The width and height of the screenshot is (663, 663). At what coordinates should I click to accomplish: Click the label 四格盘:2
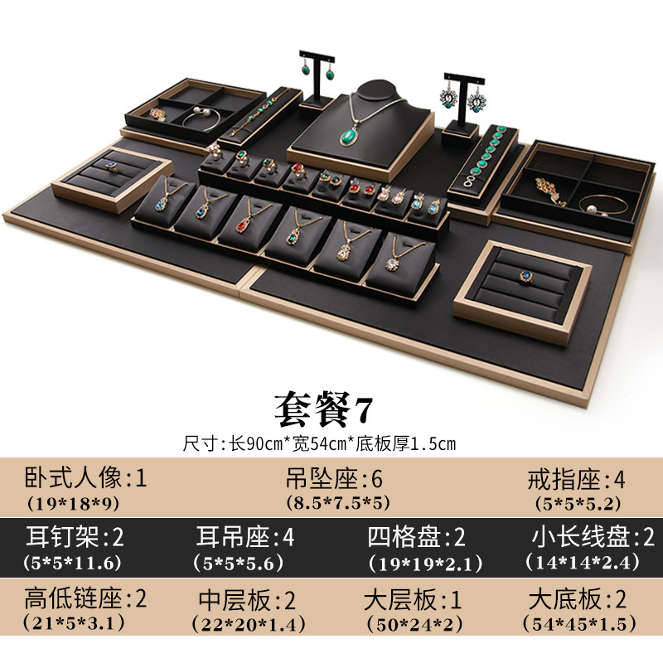416,537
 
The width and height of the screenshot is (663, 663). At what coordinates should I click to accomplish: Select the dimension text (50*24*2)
412,623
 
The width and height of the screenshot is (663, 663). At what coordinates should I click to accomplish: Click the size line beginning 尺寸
320,443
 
